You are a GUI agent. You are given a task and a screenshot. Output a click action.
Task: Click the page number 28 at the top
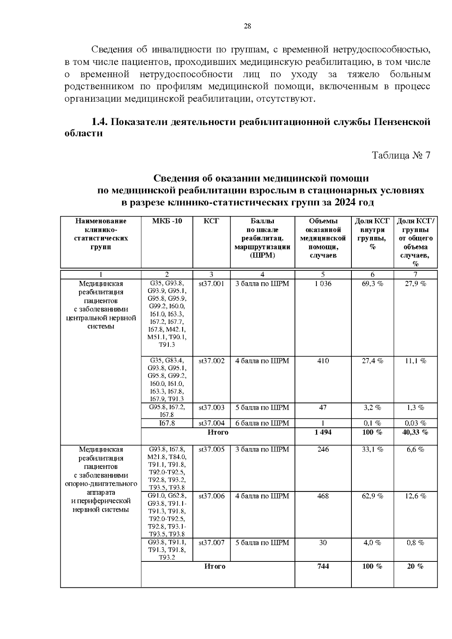[x=247, y=26]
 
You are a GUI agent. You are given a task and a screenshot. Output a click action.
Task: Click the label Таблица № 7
[x=401, y=156]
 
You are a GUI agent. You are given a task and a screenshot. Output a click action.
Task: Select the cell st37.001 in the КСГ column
[x=211, y=284]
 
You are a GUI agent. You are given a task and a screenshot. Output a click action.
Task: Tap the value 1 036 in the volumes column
[x=323, y=284]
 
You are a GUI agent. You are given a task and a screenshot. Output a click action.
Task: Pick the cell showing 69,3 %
[x=372, y=284]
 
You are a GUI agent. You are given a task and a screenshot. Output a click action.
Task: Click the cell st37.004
[x=211, y=423]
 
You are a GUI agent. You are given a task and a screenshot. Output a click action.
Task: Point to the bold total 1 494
[x=323, y=432]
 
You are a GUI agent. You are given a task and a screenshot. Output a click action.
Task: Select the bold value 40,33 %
[x=415, y=432]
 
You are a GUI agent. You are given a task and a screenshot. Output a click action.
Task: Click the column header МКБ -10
[x=167, y=221]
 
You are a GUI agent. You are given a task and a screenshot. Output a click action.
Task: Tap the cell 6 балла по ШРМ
[x=262, y=423]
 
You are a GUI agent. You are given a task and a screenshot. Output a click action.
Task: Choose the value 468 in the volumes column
[x=323, y=496]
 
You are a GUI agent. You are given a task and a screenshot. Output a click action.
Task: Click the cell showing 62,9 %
[x=372, y=496]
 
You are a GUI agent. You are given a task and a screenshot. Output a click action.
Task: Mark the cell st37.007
[x=211, y=543]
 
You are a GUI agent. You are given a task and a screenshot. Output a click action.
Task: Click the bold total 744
[x=323, y=566]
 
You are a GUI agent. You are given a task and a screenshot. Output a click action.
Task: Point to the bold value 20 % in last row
[x=415, y=566]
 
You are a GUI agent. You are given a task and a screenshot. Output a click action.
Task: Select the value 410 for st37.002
[x=323, y=361]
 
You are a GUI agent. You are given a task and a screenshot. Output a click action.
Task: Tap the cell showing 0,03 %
[x=415, y=423]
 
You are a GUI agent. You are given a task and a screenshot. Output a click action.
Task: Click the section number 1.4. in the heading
[x=100, y=122]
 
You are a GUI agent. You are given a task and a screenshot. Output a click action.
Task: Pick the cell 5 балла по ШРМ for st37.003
[x=262, y=407]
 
